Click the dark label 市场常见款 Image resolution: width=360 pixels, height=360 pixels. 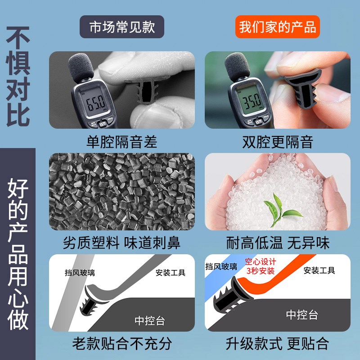pos(122,27)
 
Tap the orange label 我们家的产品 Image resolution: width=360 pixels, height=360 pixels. pos(277,27)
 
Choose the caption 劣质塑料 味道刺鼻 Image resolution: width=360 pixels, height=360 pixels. pos(122,243)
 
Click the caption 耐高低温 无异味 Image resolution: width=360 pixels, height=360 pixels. pos(278,243)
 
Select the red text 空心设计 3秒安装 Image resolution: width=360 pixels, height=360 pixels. pos(261,266)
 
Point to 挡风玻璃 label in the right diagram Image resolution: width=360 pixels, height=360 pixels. pos(220,266)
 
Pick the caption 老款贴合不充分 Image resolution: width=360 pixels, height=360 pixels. pos(122,344)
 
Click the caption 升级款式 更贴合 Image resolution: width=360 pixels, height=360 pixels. pos(278,344)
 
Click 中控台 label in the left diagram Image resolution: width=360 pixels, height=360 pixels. pos(150,320)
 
